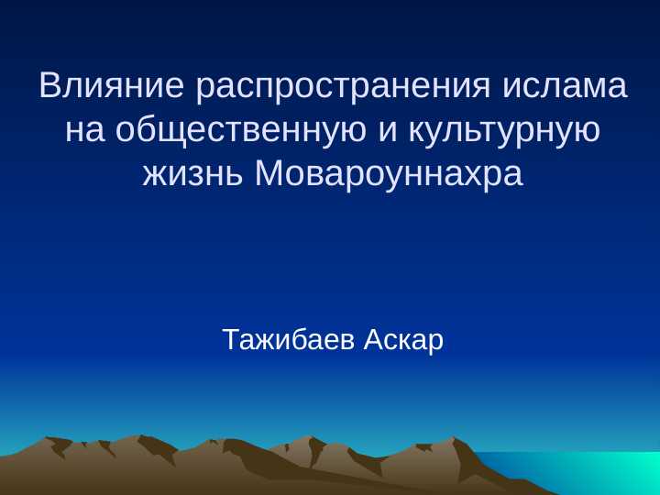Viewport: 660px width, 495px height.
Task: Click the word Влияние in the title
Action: [113, 87]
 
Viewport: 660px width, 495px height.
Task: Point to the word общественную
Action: [243, 131]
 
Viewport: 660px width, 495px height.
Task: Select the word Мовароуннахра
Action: [389, 173]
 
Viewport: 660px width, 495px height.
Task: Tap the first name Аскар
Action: [403, 340]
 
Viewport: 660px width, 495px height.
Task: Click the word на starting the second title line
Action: [85, 131]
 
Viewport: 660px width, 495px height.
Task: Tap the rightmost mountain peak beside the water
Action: [456, 441]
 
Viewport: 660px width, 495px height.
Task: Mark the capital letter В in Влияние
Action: [49, 87]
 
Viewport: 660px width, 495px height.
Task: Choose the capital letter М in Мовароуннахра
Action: [268, 173]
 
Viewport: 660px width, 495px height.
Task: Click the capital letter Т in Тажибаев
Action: [231, 340]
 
